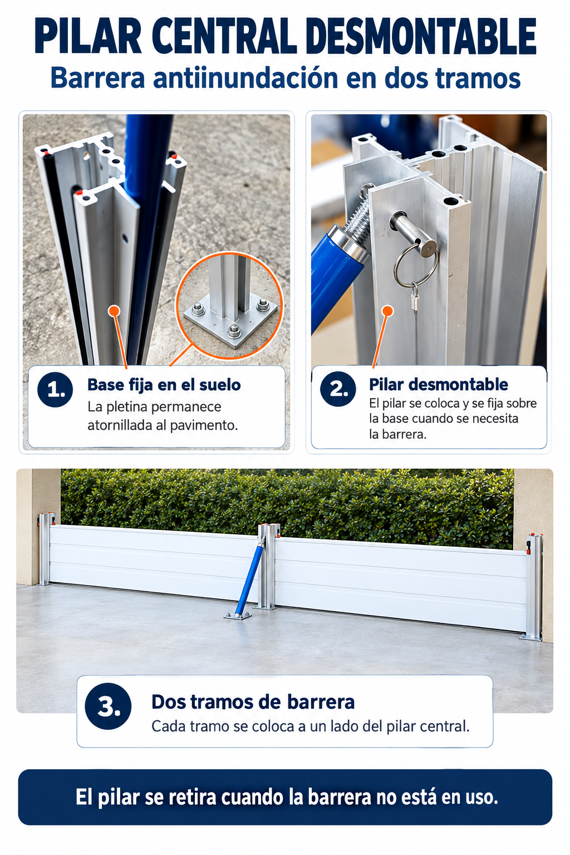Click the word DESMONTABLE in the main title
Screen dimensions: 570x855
pyautogui.click(x=421, y=36)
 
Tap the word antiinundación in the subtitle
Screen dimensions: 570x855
pyautogui.click(x=245, y=78)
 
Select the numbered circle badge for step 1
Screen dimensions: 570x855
pyautogui.click(x=55, y=389)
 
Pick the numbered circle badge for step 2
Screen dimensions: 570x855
pyautogui.click(x=338, y=389)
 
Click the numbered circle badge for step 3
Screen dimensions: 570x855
pyautogui.click(x=108, y=706)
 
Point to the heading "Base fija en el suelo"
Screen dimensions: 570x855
pyautogui.click(x=164, y=385)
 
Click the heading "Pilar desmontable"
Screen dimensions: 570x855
pyautogui.click(x=438, y=385)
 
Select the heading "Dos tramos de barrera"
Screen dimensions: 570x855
pyautogui.click(x=253, y=702)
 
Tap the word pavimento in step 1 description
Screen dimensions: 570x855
pyautogui.click(x=204, y=425)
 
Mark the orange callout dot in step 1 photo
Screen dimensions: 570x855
pyautogui.click(x=114, y=311)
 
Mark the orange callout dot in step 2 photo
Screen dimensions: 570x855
pyautogui.click(x=387, y=311)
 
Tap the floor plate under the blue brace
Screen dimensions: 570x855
pyautogui.click(x=238, y=616)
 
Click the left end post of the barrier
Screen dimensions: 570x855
pyautogui.click(x=46, y=549)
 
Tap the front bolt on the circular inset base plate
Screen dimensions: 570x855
pyautogui.click(x=234, y=331)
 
